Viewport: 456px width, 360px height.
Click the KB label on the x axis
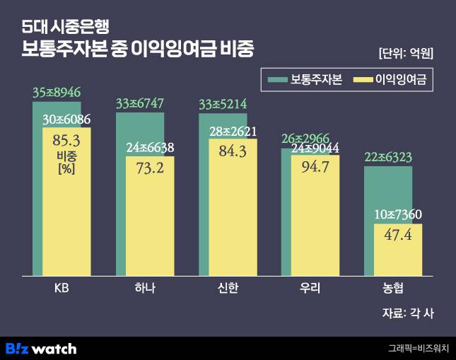click(x=62, y=289)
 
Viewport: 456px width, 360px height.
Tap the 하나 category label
click(x=144, y=289)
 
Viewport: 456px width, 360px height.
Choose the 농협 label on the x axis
click(x=393, y=289)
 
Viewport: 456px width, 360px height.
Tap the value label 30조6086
click(x=66, y=120)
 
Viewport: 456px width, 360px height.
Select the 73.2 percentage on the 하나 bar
click(x=150, y=167)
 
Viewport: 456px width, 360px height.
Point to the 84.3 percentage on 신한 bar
click(x=233, y=150)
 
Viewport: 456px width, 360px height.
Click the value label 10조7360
click(x=398, y=214)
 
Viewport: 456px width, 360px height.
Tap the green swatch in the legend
click(x=277, y=79)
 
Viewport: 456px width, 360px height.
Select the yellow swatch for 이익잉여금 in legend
click(x=362, y=79)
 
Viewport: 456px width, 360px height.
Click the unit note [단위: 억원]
click(x=406, y=53)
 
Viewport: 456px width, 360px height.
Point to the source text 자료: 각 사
click(x=408, y=313)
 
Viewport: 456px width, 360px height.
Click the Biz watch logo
click(x=41, y=348)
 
